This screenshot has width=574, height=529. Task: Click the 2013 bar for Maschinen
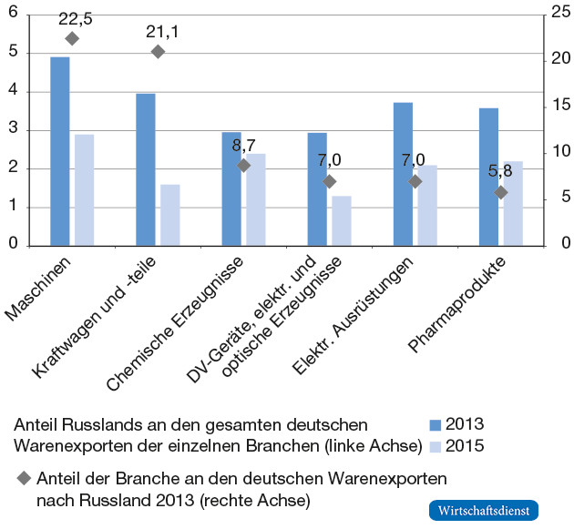[60, 151]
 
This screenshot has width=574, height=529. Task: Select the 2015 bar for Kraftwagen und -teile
[170, 215]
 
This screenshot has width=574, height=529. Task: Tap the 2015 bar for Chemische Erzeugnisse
[256, 199]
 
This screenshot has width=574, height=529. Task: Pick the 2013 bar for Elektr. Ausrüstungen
[403, 174]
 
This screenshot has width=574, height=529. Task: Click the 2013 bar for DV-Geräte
[317, 188]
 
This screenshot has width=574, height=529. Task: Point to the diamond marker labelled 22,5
[72, 38]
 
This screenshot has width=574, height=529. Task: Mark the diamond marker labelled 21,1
[158, 52]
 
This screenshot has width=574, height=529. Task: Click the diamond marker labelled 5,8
[500, 192]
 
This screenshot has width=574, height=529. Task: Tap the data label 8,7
[243, 146]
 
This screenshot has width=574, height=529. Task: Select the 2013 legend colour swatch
[436, 424]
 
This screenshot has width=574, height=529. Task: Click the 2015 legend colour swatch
[436, 446]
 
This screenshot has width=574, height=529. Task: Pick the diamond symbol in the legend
[23, 477]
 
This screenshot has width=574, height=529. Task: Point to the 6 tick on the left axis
[13, 13]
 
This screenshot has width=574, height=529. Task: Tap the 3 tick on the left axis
[13, 129]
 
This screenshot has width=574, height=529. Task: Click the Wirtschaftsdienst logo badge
[483, 510]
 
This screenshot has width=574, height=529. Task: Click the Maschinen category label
[41, 286]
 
